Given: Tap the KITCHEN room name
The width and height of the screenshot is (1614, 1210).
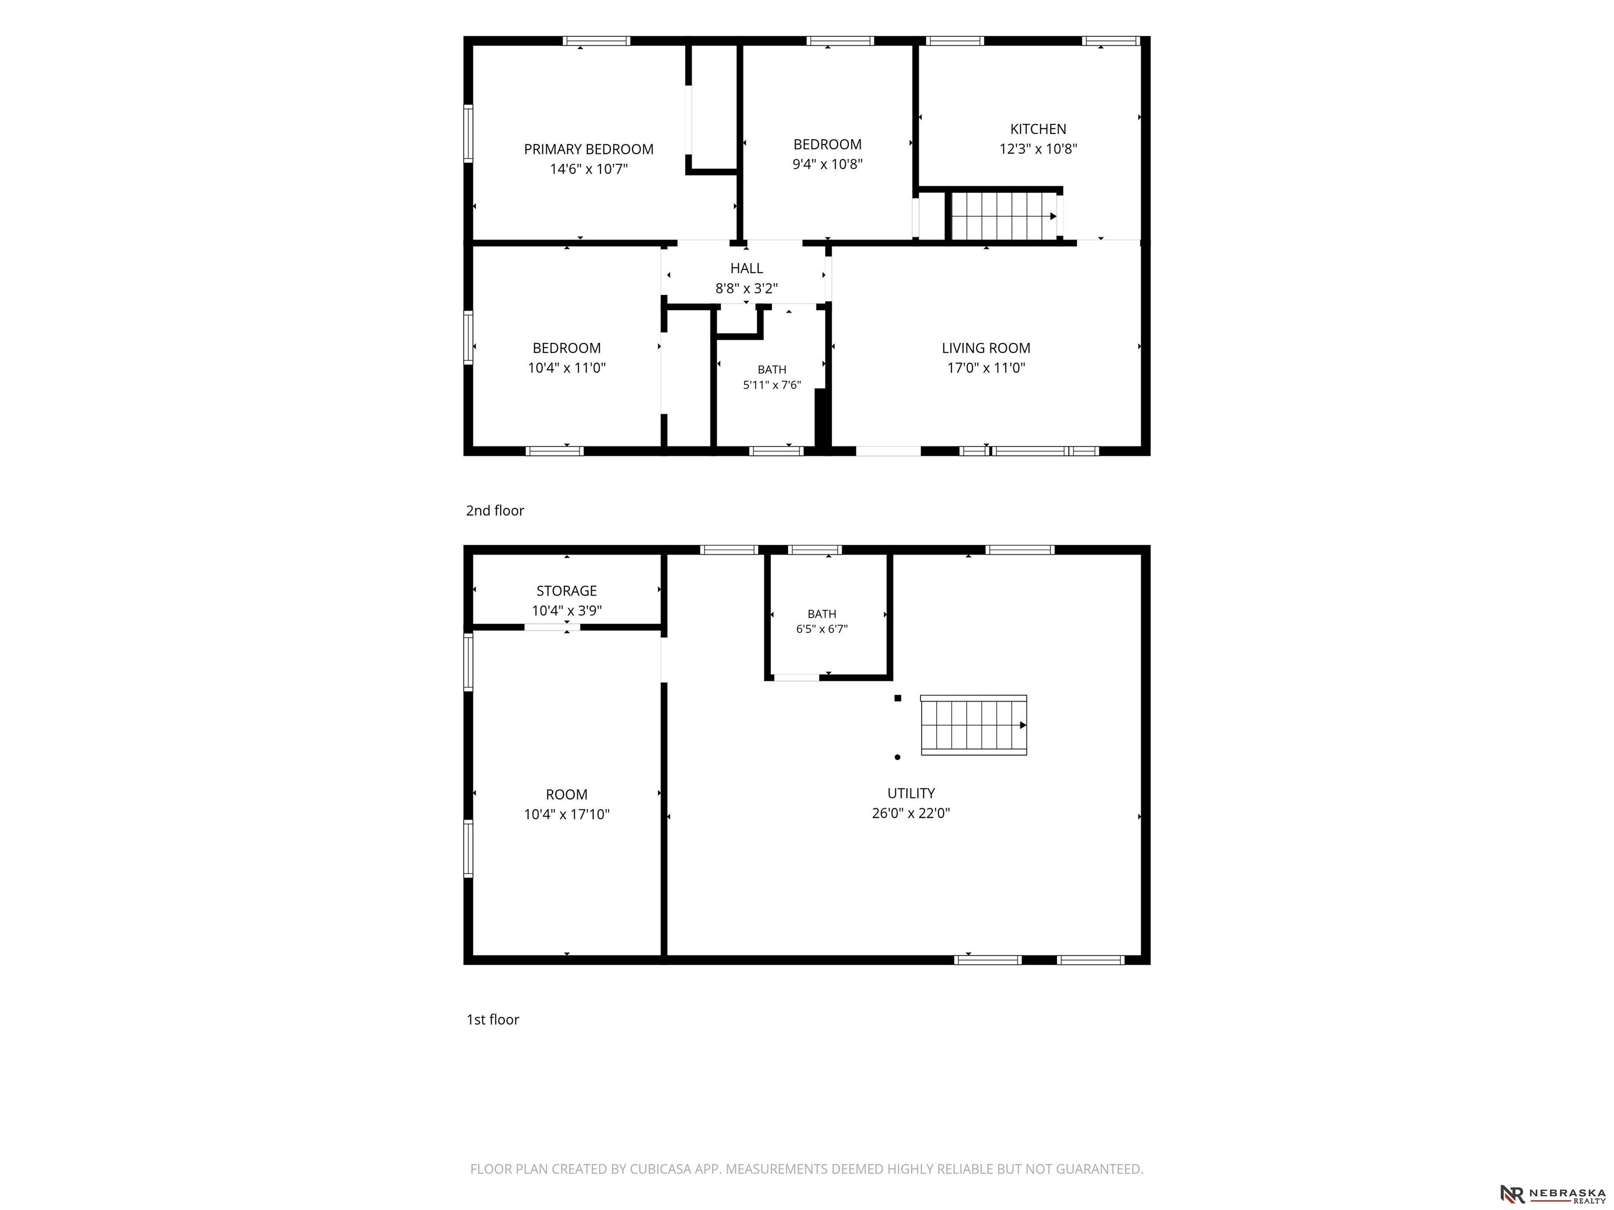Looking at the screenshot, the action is (x=1038, y=129).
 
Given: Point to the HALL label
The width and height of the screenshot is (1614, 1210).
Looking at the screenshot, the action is (x=747, y=268).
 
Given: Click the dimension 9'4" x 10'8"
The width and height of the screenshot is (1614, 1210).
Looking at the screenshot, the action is (x=827, y=164).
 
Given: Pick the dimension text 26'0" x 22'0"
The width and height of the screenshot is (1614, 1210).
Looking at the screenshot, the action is (x=911, y=813).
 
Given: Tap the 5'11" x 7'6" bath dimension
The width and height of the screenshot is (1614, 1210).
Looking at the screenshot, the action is (x=772, y=385).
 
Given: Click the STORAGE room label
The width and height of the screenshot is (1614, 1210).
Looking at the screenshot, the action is (x=566, y=591).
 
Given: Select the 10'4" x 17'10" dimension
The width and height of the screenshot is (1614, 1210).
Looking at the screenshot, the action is (x=566, y=815).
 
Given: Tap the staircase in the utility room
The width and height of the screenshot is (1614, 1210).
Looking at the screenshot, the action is (x=974, y=725).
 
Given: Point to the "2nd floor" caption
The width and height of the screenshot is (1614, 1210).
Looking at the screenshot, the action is (x=495, y=510).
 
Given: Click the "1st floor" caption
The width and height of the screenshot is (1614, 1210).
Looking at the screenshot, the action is (x=492, y=1020).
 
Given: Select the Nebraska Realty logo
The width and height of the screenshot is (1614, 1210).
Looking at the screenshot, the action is (x=1553, y=1194).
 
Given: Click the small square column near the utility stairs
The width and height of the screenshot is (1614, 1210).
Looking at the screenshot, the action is (x=897, y=698).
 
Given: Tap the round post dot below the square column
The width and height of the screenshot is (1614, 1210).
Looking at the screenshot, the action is (x=897, y=757).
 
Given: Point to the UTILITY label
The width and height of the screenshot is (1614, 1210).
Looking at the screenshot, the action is (x=911, y=794).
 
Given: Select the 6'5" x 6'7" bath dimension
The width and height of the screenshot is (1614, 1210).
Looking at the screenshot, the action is (x=822, y=629).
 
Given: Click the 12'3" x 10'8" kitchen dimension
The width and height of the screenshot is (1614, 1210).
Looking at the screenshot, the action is (x=1038, y=149).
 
